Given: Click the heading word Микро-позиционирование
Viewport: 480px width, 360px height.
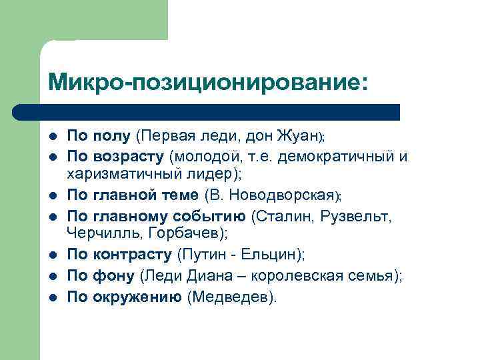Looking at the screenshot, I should click(x=207, y=82).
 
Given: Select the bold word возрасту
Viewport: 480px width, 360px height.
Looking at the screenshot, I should click(x=126, y=157).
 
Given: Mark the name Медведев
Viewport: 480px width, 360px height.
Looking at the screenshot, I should click(x=231, y=297).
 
